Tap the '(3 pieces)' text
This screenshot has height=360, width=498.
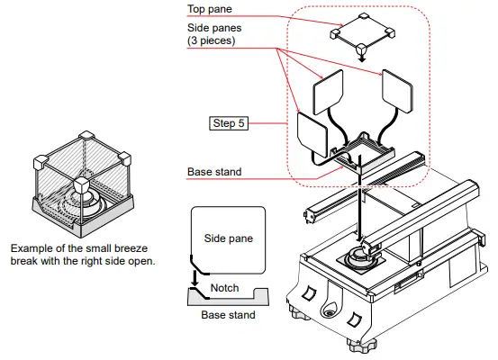point(213,41)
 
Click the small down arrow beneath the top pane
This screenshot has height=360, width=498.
point(361,56)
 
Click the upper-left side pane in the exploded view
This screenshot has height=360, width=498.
point(329,94)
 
